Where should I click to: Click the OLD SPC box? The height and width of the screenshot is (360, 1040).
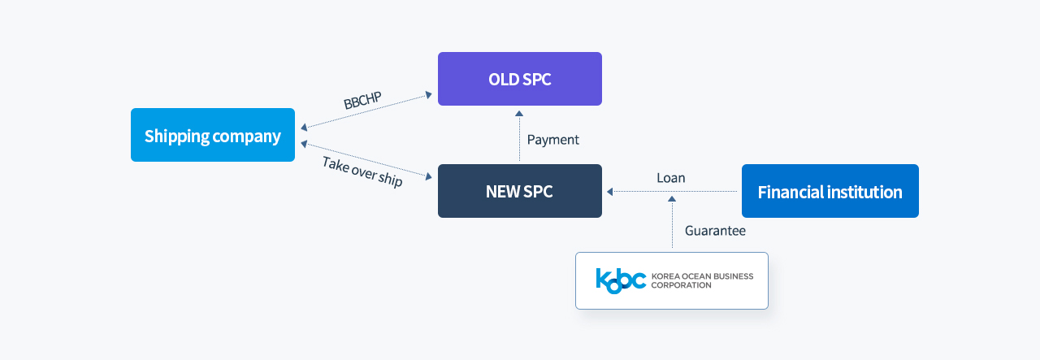pos(519,79)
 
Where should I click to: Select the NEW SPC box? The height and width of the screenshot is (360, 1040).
pos(519,191)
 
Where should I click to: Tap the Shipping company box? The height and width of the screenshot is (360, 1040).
pos(213,135)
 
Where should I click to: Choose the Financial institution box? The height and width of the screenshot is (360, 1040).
pos(830,191)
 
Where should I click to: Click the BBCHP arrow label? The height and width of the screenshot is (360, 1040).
pos(362,100)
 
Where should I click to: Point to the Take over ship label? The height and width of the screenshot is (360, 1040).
pos(362,171)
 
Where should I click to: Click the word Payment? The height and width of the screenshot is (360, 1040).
pos(553,140)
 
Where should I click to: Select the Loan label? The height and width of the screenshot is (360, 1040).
pos(671,178)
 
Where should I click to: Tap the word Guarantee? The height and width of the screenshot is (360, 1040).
pos(715,231)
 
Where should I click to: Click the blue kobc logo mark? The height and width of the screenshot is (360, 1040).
pos(621,280)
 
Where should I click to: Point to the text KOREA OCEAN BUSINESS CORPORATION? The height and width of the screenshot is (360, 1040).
pos(702,280)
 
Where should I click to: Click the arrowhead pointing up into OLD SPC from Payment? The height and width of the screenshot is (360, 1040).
pos(519,113)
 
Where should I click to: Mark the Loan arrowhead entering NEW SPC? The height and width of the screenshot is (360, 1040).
pos(609,192)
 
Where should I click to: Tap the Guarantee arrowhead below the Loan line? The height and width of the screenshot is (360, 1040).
pos(672,199)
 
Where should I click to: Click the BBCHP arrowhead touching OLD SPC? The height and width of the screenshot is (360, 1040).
pos(429,95)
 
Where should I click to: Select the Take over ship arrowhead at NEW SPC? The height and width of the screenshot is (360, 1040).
pos(429,176)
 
